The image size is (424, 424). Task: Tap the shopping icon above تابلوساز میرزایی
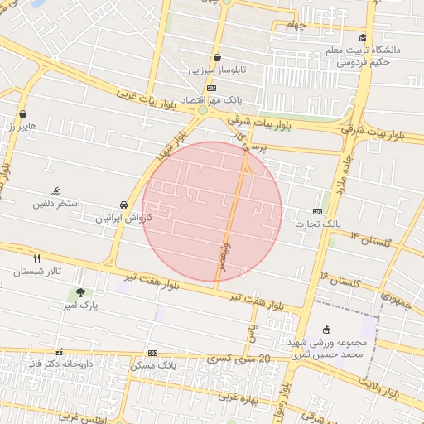click(x=217, y=58)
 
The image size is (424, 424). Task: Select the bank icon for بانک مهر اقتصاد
click(x=212, y=88)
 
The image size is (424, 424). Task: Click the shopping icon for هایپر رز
click(x=22, y=114)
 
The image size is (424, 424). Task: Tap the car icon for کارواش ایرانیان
click(x=123, y=205)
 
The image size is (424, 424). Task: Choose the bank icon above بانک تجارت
click(x=318, y=211)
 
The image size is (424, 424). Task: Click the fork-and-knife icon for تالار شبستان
click(x=36, y=258)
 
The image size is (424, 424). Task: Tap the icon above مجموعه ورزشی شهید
click(x=326, y=330)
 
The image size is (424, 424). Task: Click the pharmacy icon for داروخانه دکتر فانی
click(x=58, y=351)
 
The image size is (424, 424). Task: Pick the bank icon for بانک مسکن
click(x=152, y=352)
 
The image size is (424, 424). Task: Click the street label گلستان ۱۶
click(x=342, y=280)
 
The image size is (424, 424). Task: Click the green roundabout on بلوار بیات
click(x=202, y=110)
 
